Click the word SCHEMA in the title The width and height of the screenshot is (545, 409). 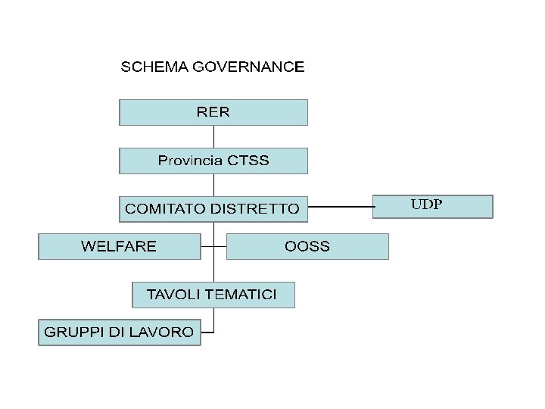point(155,67)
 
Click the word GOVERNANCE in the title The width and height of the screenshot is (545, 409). point(248,67)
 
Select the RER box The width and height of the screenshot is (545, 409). point(213,112)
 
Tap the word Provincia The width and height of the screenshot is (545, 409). point(190,161)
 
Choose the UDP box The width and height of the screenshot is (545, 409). point(432,206)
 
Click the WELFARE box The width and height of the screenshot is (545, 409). point(119,246)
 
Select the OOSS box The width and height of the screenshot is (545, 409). point(307,246)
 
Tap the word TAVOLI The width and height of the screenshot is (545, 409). point(171,294)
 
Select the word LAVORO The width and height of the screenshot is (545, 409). point(167,332)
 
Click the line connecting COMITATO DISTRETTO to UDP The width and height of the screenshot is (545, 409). point(341,206)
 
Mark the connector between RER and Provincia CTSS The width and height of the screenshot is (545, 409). point(213,136)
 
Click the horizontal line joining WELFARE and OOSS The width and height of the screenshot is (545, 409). point(214,246)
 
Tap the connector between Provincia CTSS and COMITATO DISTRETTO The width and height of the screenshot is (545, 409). point(213,185)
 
